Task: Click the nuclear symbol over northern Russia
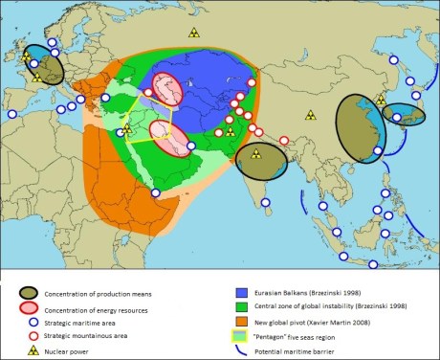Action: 193,32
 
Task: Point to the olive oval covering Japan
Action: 407,114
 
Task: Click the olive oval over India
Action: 260,162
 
